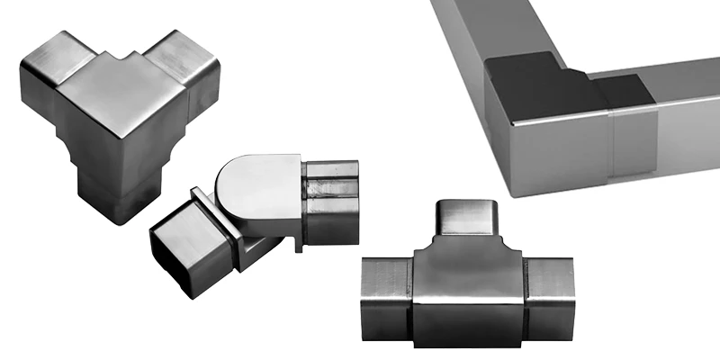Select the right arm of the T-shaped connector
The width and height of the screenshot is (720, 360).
click(x=549, y=292)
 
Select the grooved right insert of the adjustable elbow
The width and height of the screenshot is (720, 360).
click(x=330, y=202)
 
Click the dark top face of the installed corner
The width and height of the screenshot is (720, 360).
click(x=540, y=90)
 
